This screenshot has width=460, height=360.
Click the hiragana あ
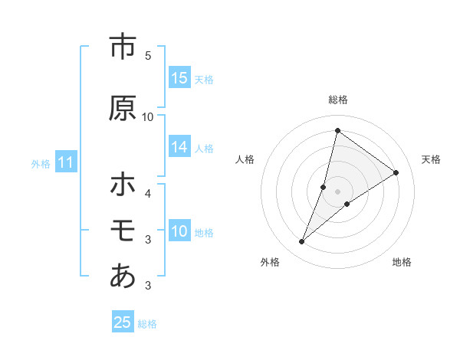pyautogui.click(x=123, y=277)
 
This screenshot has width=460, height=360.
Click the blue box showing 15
pyautogui.click(x=179, y=78)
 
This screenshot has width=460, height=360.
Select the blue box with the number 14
pyautogui.click(x=179, y=148)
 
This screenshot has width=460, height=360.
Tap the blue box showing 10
pyautogui.click(x=179, y=232)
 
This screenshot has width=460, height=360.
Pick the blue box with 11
pyautogui.click(x=66, y=162)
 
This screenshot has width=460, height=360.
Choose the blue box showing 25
pyautogui.click(x=123, y=322)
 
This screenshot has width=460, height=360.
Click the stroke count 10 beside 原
pyautogui.click(x=148, y=116)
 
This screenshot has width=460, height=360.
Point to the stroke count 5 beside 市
pyautogui.click(x=148, y=55)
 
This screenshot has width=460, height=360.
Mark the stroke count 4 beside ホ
pyautogui.click(x=148, y=193)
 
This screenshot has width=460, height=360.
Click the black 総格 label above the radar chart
pyautogui.click(x=338, y=100)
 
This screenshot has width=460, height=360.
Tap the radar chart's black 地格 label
pyautogui.click(x=402, y=262)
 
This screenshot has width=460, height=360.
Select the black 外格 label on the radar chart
pyautogui.click(x=270, y=262)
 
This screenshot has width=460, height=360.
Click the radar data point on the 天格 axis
pyautogui.click(x=396, y=172)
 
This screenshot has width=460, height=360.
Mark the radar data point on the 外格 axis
pyautogui.click(x=302, y=242)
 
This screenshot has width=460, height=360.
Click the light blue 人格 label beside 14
pyautogui.click(x=204, y=149)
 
